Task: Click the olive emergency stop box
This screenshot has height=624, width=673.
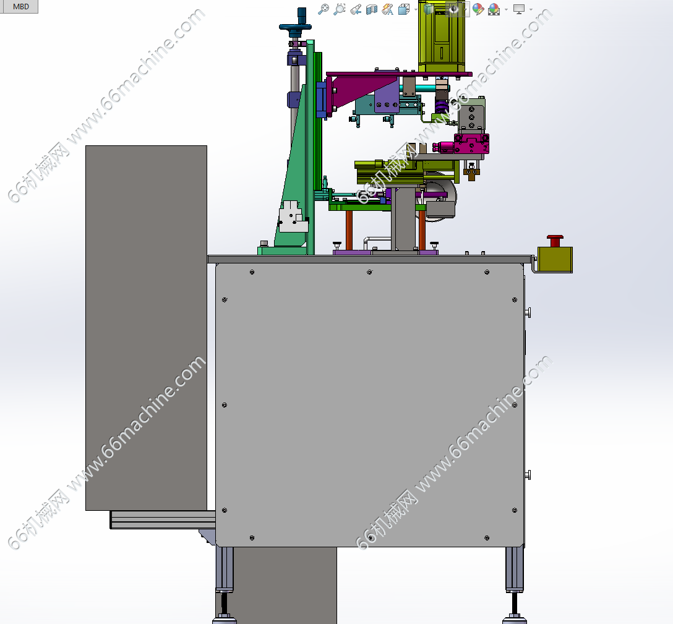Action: point(555,259)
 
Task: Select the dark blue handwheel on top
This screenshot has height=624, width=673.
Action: point(295,27)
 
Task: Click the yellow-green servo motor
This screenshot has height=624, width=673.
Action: point(442,36)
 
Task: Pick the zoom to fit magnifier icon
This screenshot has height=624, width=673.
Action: point(323,9)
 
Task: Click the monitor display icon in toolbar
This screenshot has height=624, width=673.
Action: point(519,9)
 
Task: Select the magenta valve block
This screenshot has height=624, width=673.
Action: point(471,143)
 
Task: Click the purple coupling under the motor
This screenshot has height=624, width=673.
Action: point(441,106)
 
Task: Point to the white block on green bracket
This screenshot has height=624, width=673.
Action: point(293,216)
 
